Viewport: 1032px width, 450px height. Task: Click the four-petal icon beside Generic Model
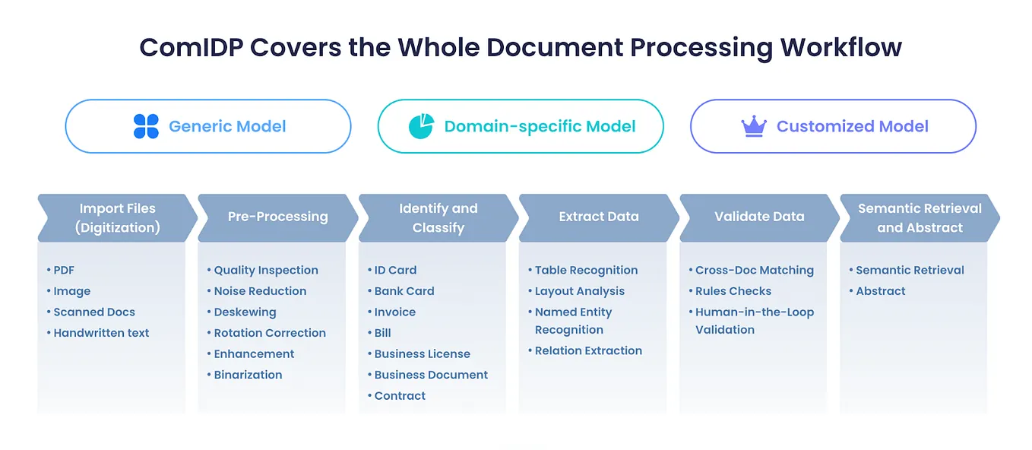tap(146, 126)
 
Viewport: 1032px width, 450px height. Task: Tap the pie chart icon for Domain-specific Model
tap(421, 126)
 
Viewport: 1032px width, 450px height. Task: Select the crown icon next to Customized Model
tap(753, 126)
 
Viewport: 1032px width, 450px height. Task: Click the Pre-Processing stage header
tap(277, 217)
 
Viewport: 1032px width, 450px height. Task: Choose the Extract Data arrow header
tap(599, 217)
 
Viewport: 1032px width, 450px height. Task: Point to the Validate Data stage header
tap(759, 217)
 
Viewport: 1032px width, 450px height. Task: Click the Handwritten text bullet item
tap(101, 333)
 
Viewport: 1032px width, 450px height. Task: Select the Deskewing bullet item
tap(245, 312)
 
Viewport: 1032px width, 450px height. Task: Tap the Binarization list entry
tap(248, 375)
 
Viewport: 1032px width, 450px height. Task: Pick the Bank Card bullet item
tap(404, 291)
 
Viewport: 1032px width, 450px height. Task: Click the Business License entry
tap(422, 354)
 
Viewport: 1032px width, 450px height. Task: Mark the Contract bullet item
tap(400, 396)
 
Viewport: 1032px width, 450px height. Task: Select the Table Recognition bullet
tap(586, 270)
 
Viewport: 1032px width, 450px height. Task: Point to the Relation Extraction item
tap(588, 350)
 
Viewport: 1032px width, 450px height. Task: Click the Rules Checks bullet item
tap(733, 291)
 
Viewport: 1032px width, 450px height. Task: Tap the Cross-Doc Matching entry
tap(754, 270)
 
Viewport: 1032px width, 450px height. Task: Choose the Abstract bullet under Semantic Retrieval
tap(880, 291)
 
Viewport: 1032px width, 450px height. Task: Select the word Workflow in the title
tap(840, 47)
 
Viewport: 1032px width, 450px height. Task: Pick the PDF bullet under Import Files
tap(64, 270)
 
